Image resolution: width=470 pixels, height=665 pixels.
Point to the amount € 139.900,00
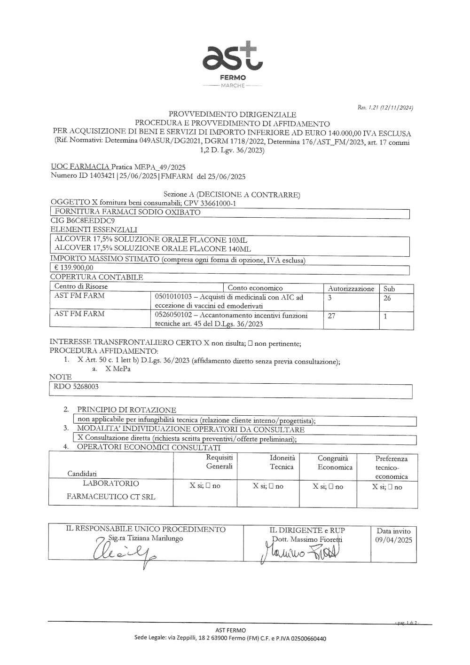tap(74, 268)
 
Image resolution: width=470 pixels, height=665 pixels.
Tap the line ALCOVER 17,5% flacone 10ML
tap(151, 239)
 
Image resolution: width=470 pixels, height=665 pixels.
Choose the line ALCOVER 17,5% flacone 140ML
tap(153, 249)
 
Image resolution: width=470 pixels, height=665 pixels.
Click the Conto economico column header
tap(255, 288)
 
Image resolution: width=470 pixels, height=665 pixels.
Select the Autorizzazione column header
tap(351, 289)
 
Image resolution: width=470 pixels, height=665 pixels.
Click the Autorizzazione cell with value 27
tap(332, 316)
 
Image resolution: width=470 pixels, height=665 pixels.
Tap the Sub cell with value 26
tap(387, 298)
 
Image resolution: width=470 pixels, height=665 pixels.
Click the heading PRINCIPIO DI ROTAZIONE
tap(126, 410)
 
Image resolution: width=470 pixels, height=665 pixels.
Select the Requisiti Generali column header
tap(219, 462)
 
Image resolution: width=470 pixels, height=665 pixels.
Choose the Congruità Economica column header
tap(335, 463)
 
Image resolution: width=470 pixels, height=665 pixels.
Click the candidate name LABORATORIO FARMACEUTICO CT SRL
tap(111, 490)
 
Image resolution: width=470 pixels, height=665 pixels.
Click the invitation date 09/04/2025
tap(393, 540)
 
